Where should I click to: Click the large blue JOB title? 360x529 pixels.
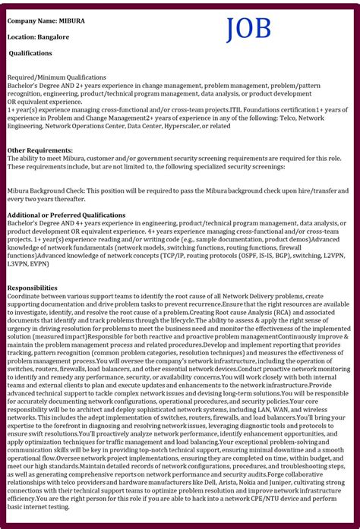(248, 29)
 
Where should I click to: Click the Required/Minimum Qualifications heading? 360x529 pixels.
(57, 77)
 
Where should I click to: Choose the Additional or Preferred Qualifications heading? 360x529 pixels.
(66, 216)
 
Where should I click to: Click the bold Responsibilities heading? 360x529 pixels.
(32, 288)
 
